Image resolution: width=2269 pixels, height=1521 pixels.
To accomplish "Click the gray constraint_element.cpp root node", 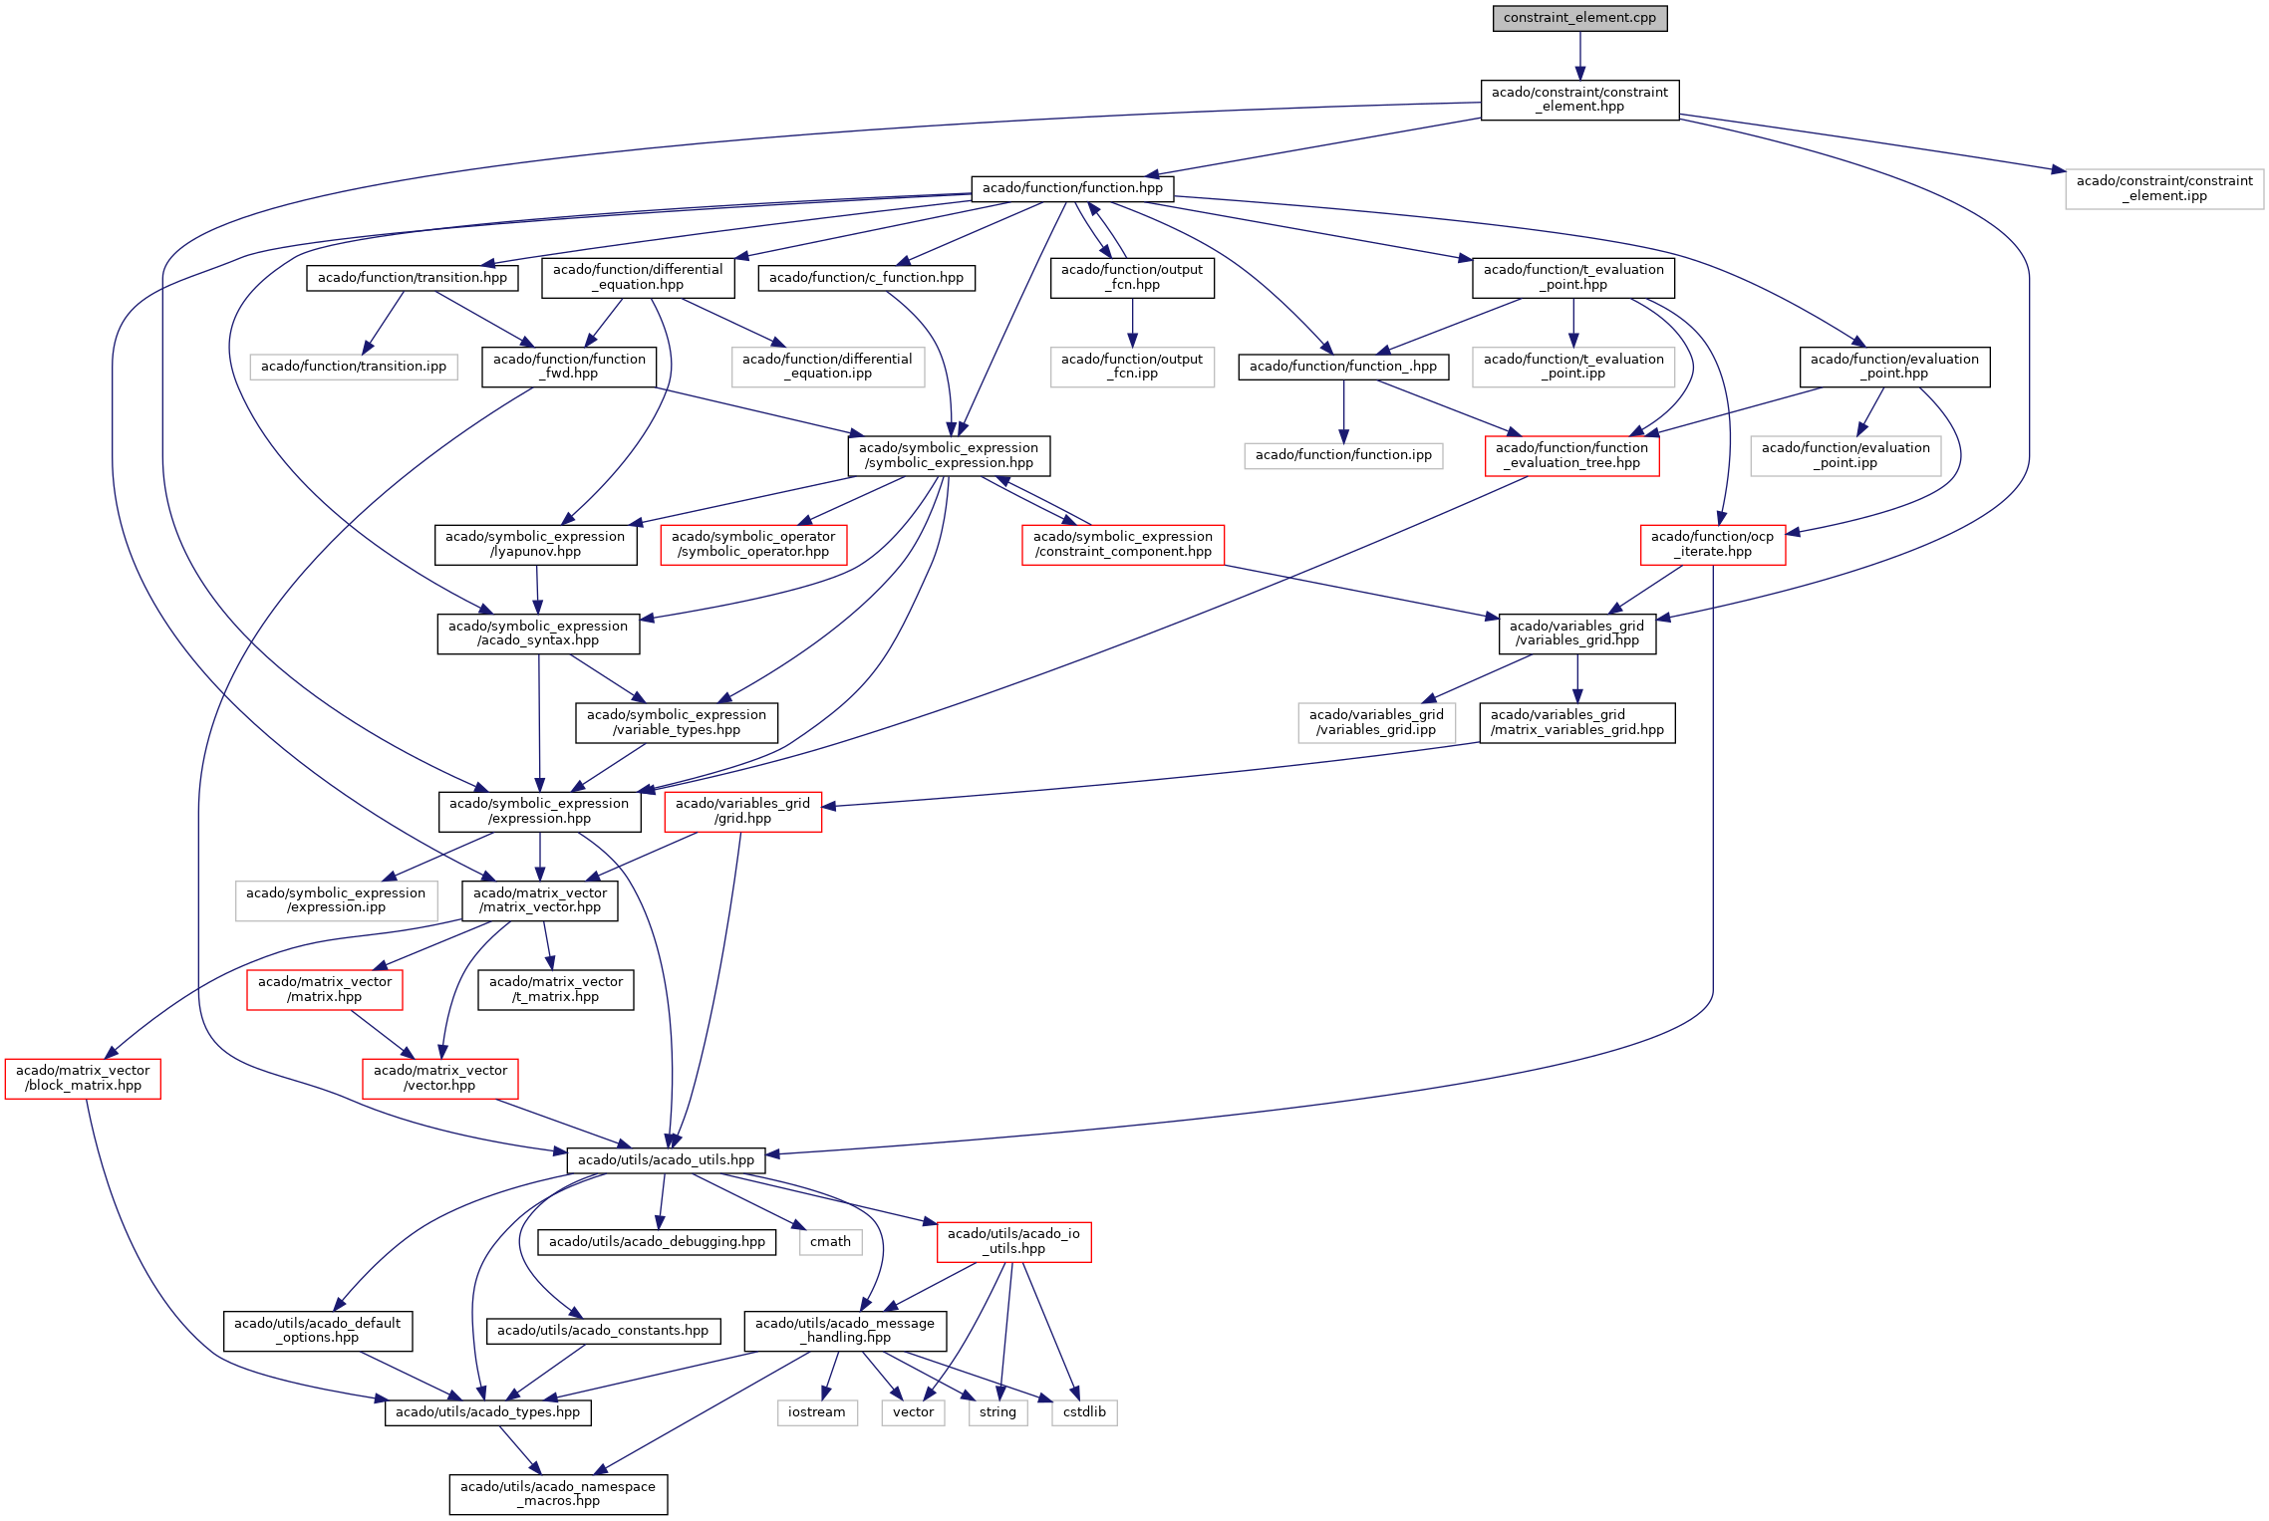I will (x=1579, y=18).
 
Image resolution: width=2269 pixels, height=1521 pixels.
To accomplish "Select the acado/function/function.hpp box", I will (x=1072, y=187).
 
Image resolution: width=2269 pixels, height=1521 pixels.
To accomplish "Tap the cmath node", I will (x=830, y=1241).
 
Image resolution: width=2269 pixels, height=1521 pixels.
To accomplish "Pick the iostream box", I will (x=816, y=1411).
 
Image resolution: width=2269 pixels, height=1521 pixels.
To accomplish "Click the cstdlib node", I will (x=1084, y=1411).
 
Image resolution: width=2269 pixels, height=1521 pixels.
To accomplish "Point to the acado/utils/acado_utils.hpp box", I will (x=666, y=1159).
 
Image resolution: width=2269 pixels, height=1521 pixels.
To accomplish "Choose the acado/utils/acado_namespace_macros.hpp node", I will (x=558, y=1493).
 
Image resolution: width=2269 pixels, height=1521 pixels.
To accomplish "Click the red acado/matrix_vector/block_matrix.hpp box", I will (x=83, y=1078).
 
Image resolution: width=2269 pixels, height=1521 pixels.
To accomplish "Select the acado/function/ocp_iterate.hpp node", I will (x=1712, y=544).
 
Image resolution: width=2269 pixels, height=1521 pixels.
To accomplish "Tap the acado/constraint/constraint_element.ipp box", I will (x=2164, y=188).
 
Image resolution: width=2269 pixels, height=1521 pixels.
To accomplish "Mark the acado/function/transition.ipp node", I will (x=354, y=366).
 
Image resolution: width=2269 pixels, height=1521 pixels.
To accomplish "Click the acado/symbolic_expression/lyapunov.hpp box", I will (x=535, y=544).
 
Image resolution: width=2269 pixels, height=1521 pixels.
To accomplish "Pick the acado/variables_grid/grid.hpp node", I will (x=742, y=811).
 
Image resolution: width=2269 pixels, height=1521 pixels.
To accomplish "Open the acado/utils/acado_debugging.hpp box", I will (x=657, y=1241).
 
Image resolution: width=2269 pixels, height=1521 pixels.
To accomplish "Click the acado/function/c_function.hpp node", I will (x=866, y=277).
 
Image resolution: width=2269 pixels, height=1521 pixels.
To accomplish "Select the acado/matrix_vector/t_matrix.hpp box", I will (x=555, y=989).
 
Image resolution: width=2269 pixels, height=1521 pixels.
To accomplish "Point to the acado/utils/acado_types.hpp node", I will (x=487, y=1411).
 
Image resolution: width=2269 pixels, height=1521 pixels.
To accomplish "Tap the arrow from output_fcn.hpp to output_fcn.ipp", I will (x=1132, y=322).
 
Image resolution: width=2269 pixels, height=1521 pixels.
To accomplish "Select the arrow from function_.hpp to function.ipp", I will (x=1343, y=411).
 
